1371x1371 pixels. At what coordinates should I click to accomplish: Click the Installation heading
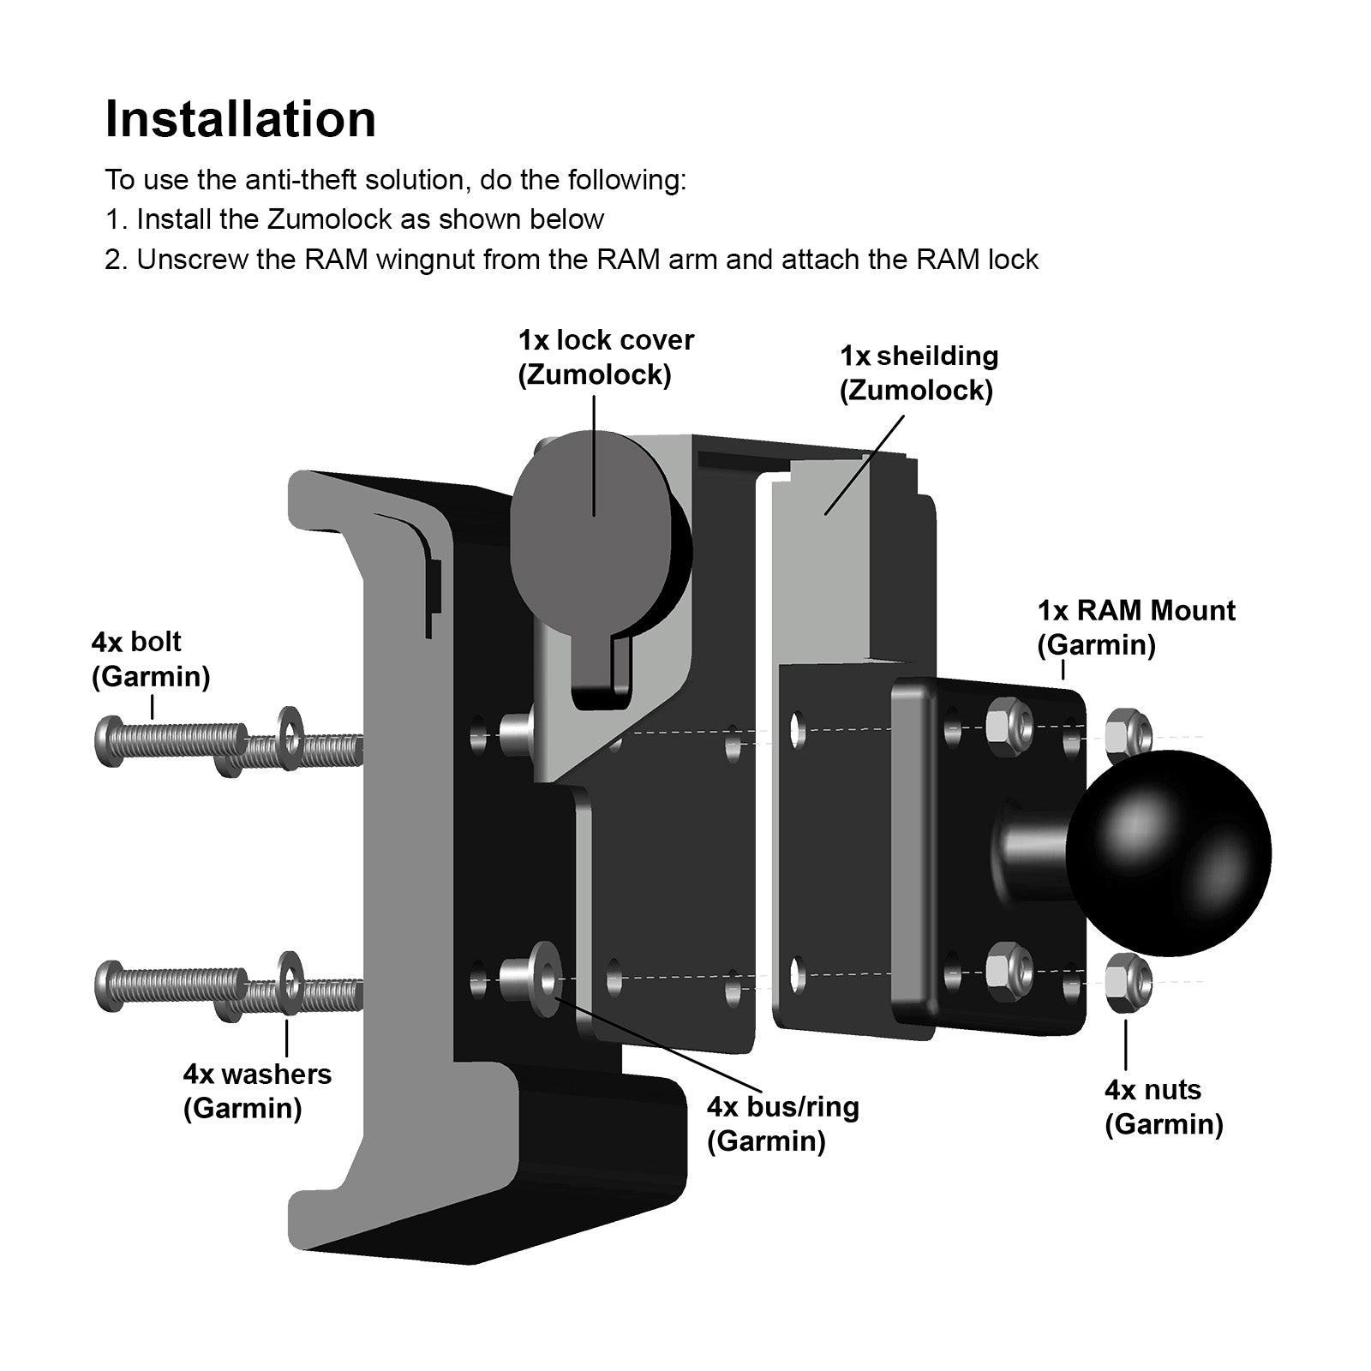point(240,119)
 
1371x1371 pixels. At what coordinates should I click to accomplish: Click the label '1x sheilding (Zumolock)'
point(918,373)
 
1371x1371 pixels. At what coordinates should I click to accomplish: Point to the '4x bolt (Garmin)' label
point(150,659)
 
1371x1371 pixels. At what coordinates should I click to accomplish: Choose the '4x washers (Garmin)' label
point(256,1091)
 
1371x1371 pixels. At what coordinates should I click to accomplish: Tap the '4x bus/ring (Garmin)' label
point(781,1123)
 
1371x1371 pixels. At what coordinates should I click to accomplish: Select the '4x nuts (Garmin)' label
point(1163,1106)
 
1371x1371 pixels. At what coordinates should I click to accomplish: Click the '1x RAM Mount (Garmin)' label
point(1135,627)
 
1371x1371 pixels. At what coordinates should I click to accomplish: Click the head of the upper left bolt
point(107,741)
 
